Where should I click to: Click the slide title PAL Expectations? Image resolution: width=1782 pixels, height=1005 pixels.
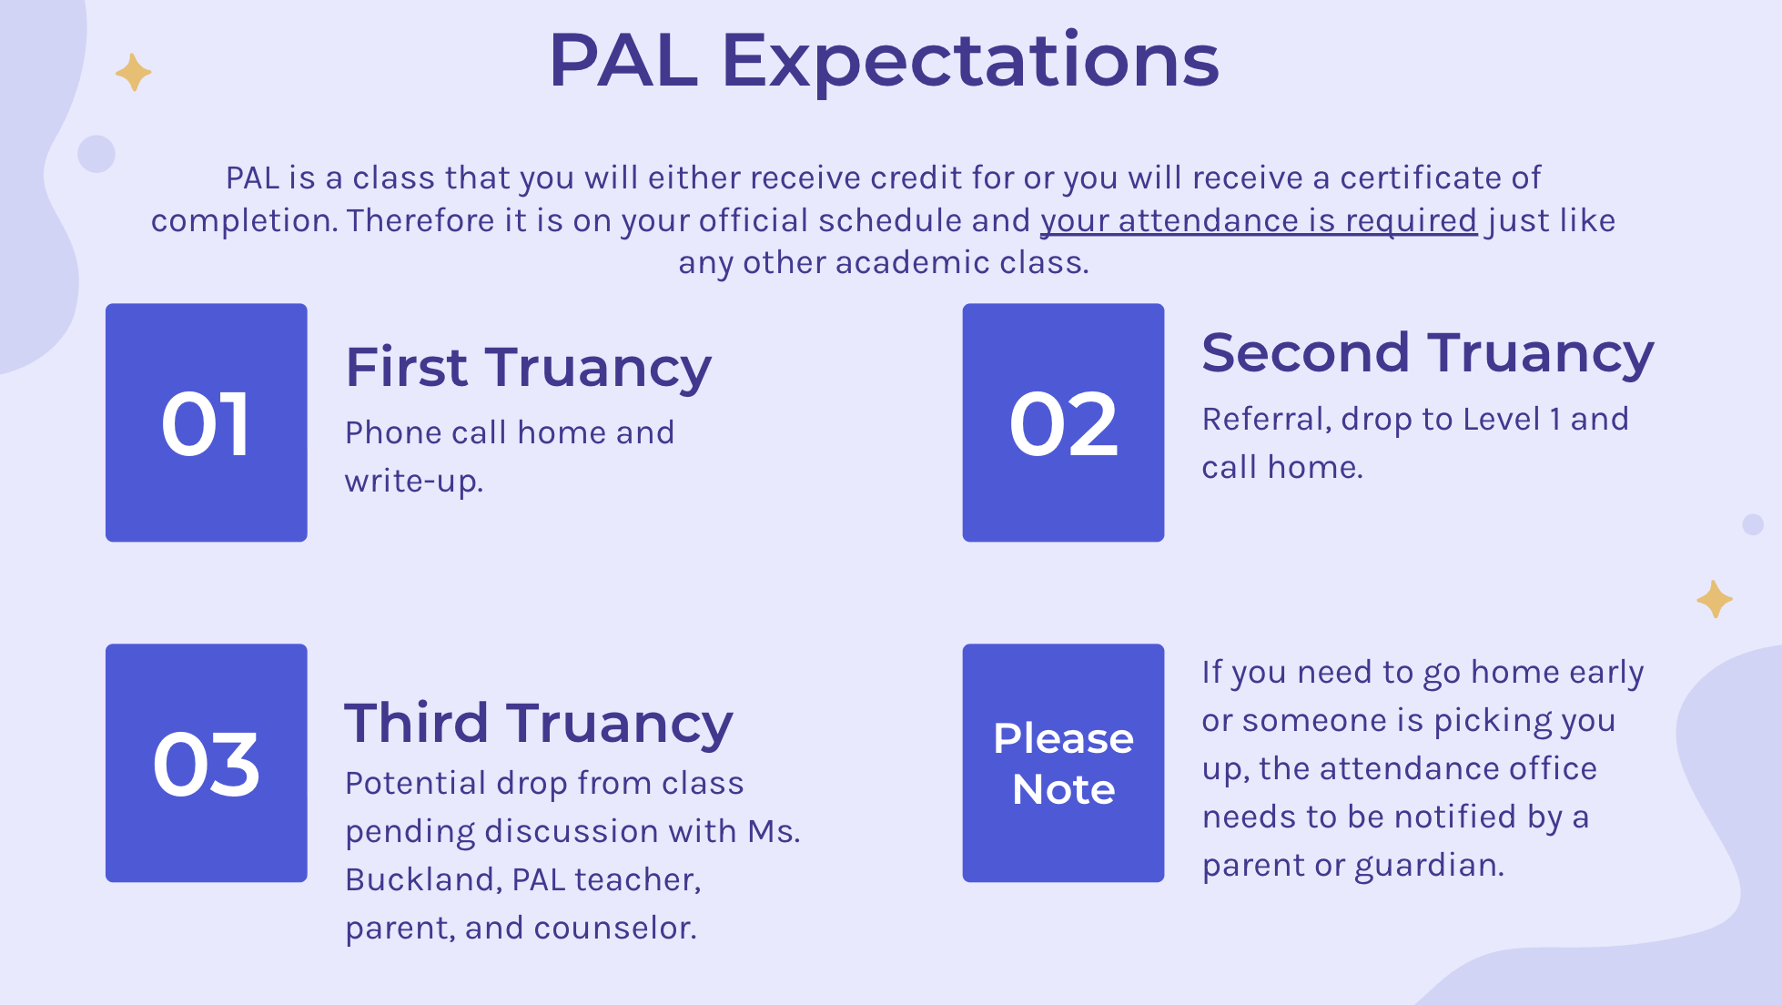click(x=884, y=61)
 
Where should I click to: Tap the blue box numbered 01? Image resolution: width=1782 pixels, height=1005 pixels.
click(x=207, y=422)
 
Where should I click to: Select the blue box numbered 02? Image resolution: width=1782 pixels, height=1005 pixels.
click(x=1063, y=422)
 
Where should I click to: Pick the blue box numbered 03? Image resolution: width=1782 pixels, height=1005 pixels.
click(x=207, y=763)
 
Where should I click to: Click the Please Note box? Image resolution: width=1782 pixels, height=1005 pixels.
click(x=1063, y=763)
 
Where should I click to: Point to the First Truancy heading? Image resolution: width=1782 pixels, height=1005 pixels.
click(x=528, y=368)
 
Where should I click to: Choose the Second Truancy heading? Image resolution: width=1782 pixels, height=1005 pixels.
click(x=1427, y=353)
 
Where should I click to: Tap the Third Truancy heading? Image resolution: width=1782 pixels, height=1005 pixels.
click(x=539, y=723)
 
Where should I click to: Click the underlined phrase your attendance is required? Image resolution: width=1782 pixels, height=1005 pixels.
click(x=1259, y=221)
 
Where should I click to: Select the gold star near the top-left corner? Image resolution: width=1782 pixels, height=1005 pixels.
click(x=133, y=72)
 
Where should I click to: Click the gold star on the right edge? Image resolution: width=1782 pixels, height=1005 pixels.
click(x=1715, y=599)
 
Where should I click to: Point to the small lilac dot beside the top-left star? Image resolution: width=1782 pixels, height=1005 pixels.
click(x=96, y=154)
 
